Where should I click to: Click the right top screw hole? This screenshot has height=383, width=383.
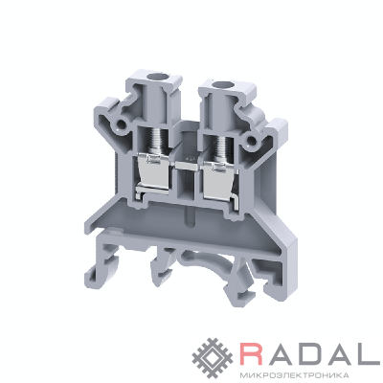[x=219, y=84]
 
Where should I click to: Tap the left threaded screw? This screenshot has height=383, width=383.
[x=155, y=141]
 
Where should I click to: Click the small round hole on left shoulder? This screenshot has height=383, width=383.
[x=122, y=124]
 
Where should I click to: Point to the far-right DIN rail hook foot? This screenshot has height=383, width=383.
[x=281, y=281]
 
